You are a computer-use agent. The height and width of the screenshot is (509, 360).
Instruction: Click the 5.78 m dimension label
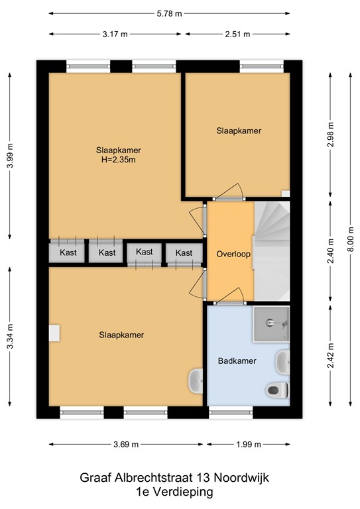click(169, 14)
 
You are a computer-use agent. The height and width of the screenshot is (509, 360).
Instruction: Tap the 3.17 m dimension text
click(115, 34)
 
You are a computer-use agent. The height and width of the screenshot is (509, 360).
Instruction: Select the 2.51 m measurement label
click(237, 34)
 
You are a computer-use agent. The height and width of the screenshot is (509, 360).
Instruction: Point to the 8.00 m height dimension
click(351, 239)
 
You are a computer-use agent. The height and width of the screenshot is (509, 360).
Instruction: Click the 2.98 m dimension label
click(330, 135)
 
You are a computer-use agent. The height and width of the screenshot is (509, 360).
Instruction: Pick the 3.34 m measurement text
click(10, 336)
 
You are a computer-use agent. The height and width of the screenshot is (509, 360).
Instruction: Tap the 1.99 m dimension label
click(249, 445)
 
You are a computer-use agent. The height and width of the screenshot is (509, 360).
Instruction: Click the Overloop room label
click(233, 254)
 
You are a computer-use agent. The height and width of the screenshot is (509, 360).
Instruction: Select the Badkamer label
click(237, 361)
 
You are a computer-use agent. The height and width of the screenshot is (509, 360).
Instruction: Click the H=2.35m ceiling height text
click(119, 160)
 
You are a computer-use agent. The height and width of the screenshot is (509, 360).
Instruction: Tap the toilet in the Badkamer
click(278, 390)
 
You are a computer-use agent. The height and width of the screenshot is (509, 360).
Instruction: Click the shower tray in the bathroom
click(271, 324)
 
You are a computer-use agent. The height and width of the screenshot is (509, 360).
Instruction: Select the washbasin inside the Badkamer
click(282, 362)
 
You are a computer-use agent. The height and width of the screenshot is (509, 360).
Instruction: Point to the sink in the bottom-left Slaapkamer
click(196, 381)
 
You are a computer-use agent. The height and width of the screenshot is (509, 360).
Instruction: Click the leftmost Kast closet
click(67, 253)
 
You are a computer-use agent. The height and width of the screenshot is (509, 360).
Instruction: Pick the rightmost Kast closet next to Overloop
click(184, 253)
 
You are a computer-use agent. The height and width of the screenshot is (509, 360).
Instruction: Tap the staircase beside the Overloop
click(271, 251)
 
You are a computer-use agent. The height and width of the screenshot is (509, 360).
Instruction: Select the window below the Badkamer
click(231, 413)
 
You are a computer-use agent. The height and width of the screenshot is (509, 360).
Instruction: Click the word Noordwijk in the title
click(241, 477)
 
